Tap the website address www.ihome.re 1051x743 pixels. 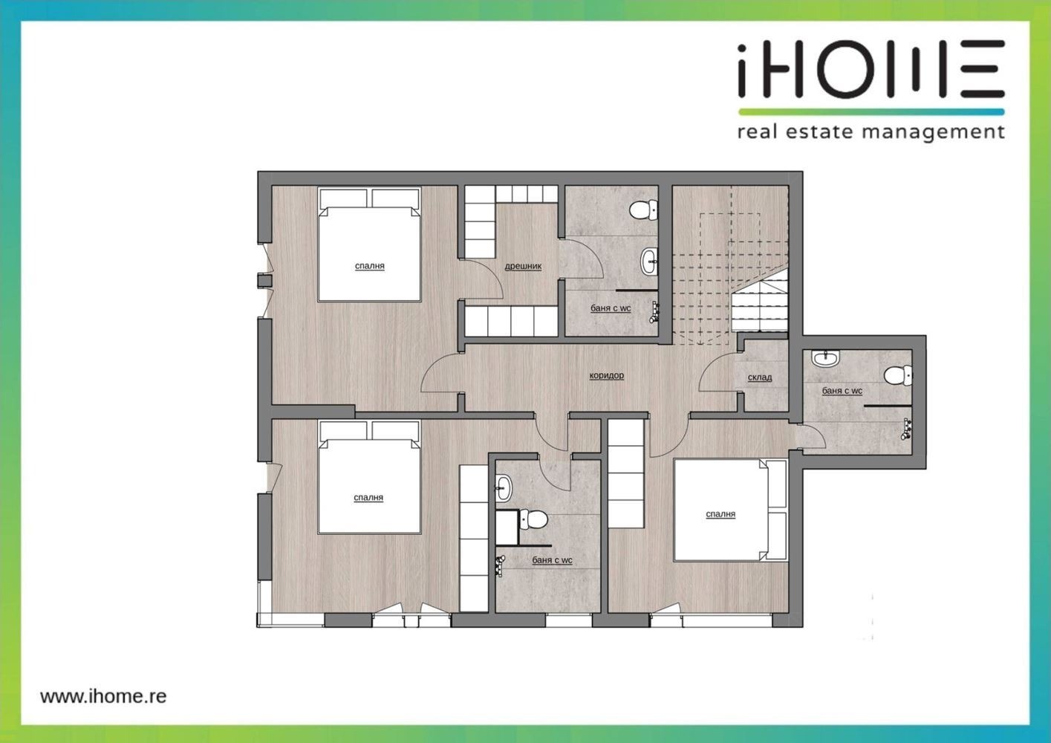pos(103,695)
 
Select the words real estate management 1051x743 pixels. pos(871,132)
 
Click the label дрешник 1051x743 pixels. pos(523,266)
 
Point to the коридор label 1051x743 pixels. pos(607,375)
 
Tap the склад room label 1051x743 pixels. pos(760,377)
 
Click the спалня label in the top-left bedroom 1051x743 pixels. pos(370,266)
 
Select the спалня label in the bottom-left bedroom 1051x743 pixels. pos(368,498)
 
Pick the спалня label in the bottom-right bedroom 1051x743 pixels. pos(720,514)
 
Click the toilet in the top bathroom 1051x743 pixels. pos(643,210)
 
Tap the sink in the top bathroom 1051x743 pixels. pos(649,262)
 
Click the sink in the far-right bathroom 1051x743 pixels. pos(825,359)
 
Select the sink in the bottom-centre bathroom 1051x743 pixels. pos(504,487)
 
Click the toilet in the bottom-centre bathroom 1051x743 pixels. pos(534,519)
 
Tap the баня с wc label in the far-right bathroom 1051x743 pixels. pos(842,391)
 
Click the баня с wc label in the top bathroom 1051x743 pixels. pos(611,309)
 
